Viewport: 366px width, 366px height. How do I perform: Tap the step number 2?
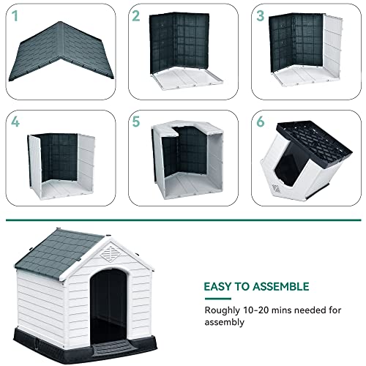135,14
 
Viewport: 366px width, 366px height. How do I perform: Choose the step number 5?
135,122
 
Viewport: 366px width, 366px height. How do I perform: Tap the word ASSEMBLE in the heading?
281,286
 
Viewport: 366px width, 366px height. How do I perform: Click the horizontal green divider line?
183,220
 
